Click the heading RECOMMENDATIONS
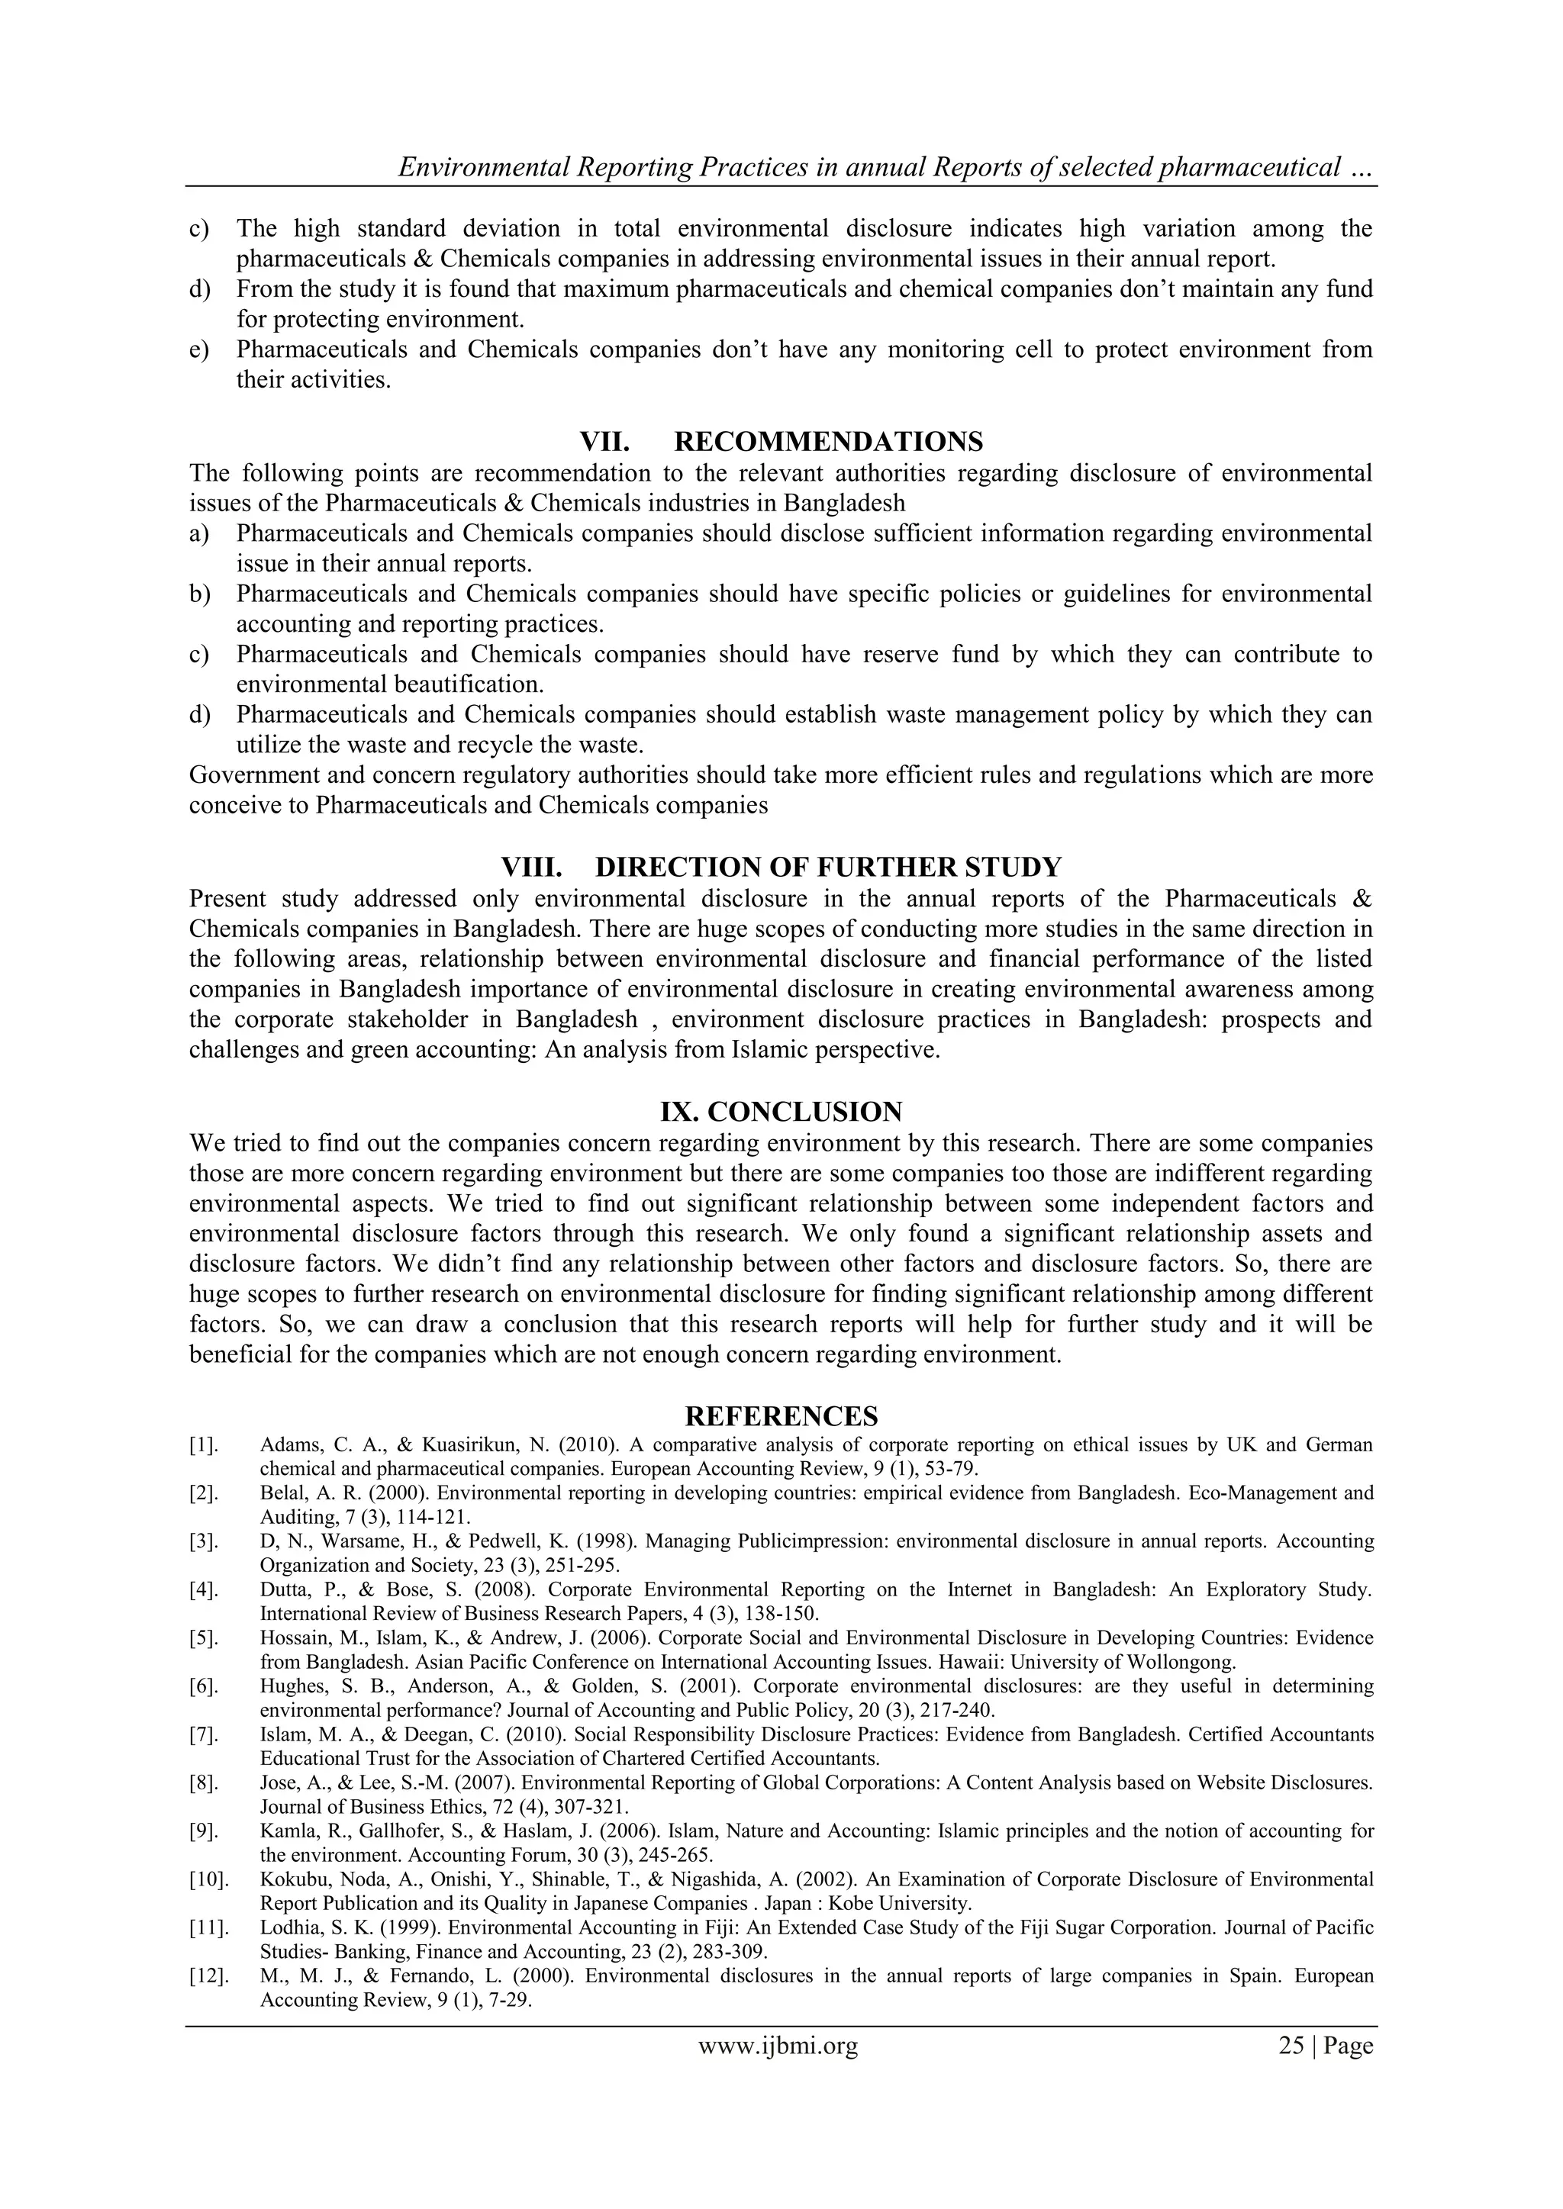pyautogui.click(x=828, y=442)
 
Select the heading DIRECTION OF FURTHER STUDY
pyautogui.click(x=828, y=867)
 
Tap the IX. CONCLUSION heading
pyautogui.click(x=781, y=1113)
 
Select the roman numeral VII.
pyautogui.click(x=604, y=442)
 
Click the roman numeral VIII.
pyautogui.click(x=531, y=867)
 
